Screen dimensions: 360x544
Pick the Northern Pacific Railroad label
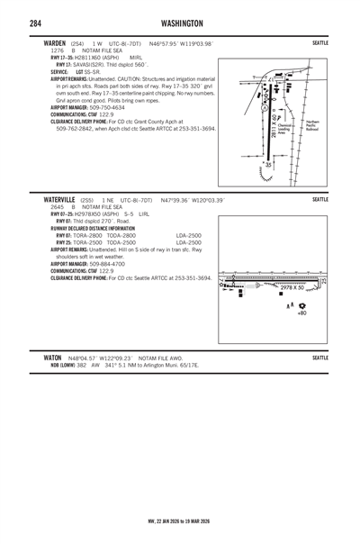tap(312, 125)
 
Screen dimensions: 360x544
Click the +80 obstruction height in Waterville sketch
tap(301, 313)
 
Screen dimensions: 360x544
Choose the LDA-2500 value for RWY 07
tap(189, 235)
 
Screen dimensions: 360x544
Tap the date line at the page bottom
tap(179, 521)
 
